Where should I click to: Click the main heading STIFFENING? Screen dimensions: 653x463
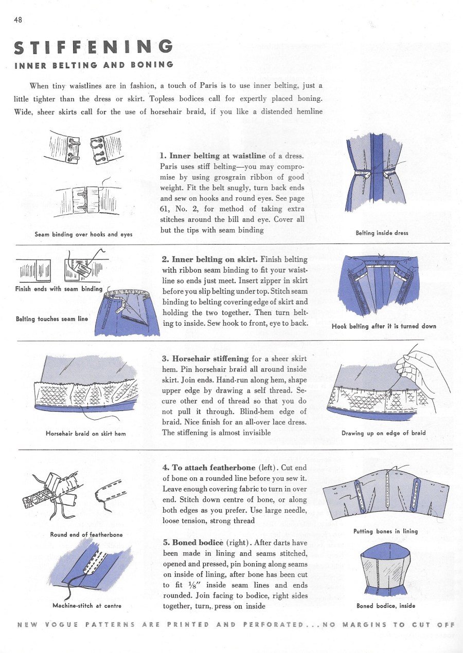click(93, 48)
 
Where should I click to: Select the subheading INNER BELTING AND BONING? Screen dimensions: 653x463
click(94, 65)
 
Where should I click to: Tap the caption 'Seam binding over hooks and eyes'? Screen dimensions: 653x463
click(83, 234)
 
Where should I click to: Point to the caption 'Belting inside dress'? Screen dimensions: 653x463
click(382, 233)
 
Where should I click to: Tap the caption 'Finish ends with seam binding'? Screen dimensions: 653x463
click(59, 289)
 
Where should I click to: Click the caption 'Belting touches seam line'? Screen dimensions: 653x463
click(52, 319)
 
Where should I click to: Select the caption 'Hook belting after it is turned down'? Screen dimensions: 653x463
click(384, 326)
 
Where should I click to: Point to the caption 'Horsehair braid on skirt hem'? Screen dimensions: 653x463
click(86, 433)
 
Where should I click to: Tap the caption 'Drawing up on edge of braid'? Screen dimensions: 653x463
click(383, 433)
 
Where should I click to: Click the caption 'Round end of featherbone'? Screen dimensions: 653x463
click(86, 534)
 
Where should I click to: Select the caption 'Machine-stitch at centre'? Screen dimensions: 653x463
click(87, 606)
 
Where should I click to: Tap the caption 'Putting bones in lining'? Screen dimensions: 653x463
click(385, 531)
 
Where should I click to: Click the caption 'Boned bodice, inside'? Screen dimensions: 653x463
click(385, 606)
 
